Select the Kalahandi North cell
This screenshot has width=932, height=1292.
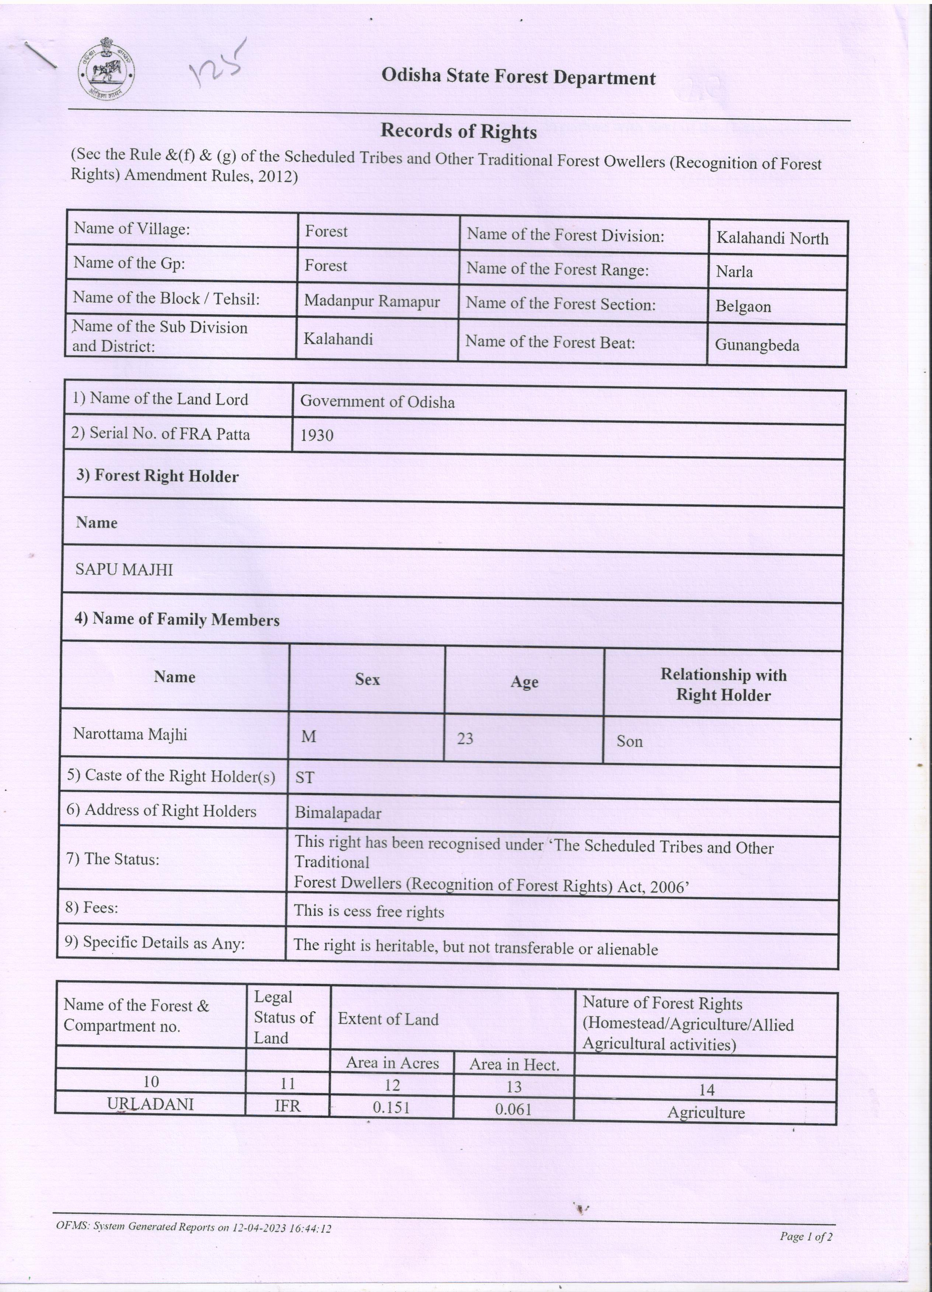[x=772, y=238]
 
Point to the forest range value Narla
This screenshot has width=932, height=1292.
[x=734, y=272]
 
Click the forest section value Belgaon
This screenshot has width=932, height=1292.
[x=743, y=307]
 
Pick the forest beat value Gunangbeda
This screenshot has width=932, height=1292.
[x=757, y=345]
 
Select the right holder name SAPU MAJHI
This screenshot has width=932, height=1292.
[x=124, y=570]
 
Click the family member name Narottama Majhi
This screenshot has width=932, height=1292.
[x=130, y=734]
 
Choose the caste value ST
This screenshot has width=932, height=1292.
[x=305, y=778]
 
